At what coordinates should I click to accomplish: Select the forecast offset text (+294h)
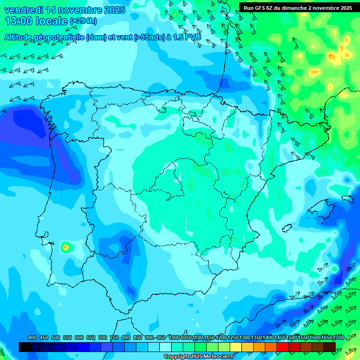pos(83,21)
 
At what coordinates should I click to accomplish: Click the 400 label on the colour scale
pos(32,337)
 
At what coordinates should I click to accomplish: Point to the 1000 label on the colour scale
pos(174,337)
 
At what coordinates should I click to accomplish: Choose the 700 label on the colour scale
pos(103,337)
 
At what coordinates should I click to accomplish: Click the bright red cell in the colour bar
pos(283,347)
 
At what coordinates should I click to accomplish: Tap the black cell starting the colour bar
pos(25,347)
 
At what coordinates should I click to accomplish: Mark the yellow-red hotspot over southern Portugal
pos(66,246)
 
